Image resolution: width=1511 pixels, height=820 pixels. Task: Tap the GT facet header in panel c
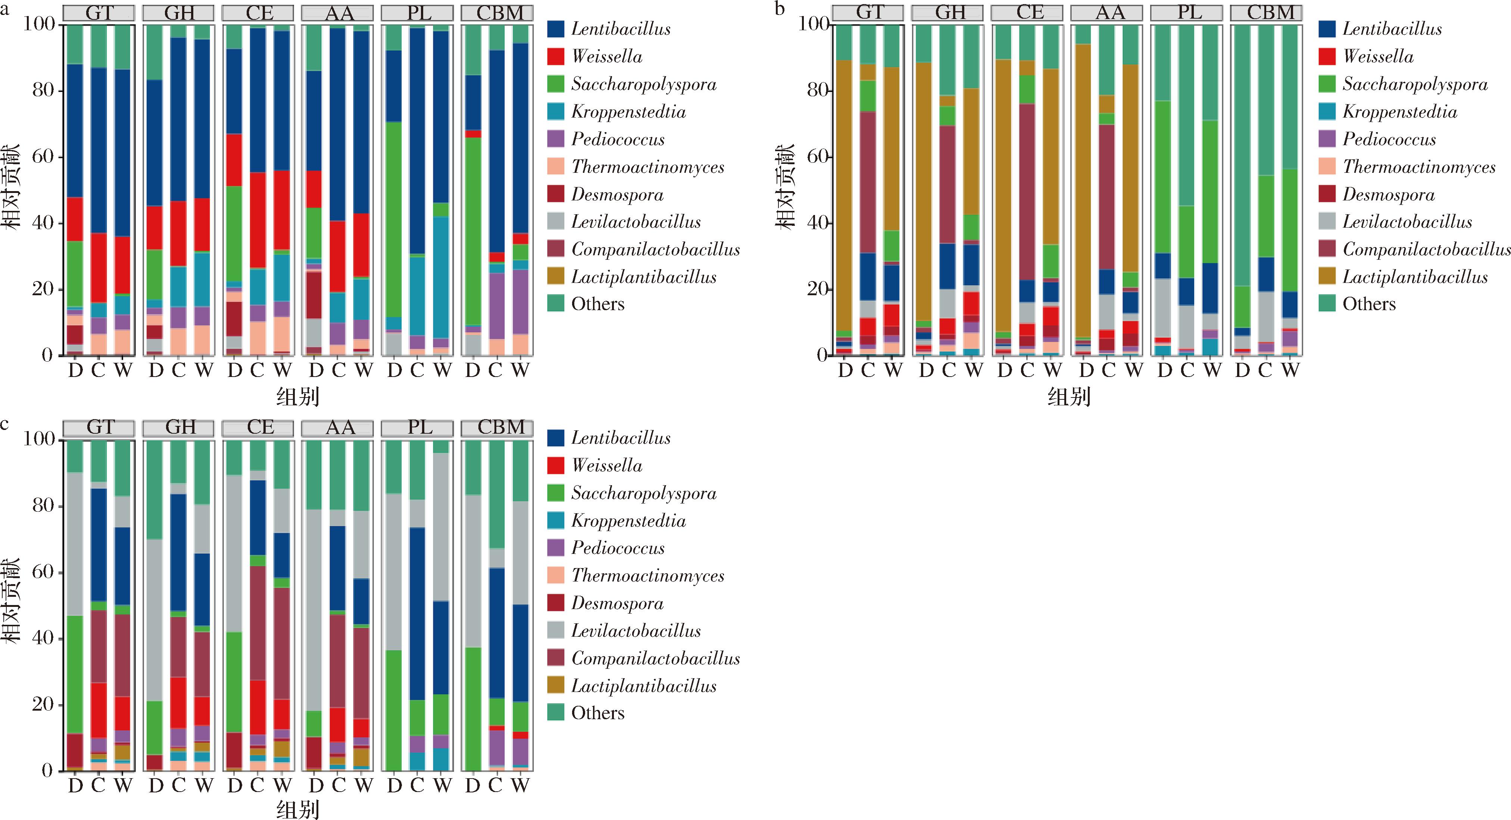point(99,428)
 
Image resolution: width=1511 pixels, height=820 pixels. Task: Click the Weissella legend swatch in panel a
point(556,56)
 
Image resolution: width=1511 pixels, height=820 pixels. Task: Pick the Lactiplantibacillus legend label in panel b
point(1415,277)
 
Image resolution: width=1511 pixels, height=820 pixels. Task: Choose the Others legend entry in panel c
point(597,713)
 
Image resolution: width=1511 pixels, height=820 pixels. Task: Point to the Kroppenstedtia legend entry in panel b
point(1399,112)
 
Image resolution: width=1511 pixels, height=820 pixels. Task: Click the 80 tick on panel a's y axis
point(43,90)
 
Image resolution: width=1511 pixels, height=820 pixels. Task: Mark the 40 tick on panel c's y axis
point(43,638)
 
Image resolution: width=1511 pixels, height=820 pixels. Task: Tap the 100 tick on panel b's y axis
point(814,24)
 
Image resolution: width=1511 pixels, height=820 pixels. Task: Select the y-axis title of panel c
point(11,599)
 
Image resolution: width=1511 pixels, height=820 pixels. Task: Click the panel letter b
point(779,8)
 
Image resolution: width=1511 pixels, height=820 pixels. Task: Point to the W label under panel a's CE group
point(282,370)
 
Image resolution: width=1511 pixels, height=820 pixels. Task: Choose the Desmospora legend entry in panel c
point(617,603)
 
